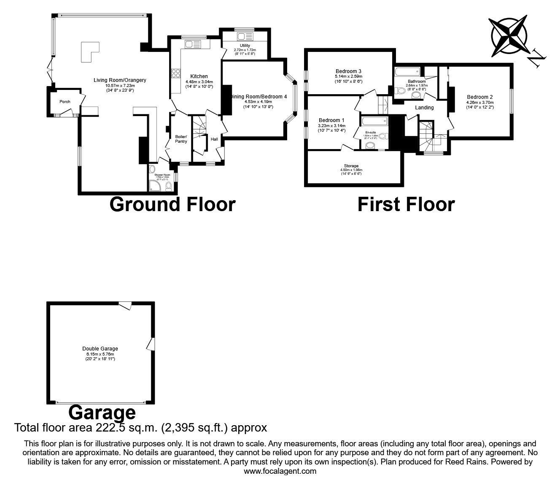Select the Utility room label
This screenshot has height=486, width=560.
(x=245, y=46)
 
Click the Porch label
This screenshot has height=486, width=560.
(x=65, y=102)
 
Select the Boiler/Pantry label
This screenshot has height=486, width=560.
(x=181, y=139)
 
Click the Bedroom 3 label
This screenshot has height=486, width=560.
(x=348, y=71)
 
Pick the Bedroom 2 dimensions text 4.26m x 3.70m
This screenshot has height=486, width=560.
(x=480, y=103)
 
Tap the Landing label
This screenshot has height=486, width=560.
(x=424, y=108)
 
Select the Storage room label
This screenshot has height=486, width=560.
(x=351, y=166)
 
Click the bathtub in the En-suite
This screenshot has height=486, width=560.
(x=374, y=122)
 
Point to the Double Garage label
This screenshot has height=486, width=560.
(x=100, y=349)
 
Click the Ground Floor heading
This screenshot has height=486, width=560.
(x=172, y=204)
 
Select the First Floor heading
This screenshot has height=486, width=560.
(x=406, y=204)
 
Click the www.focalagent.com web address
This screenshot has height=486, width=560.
(x=280, y=471)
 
